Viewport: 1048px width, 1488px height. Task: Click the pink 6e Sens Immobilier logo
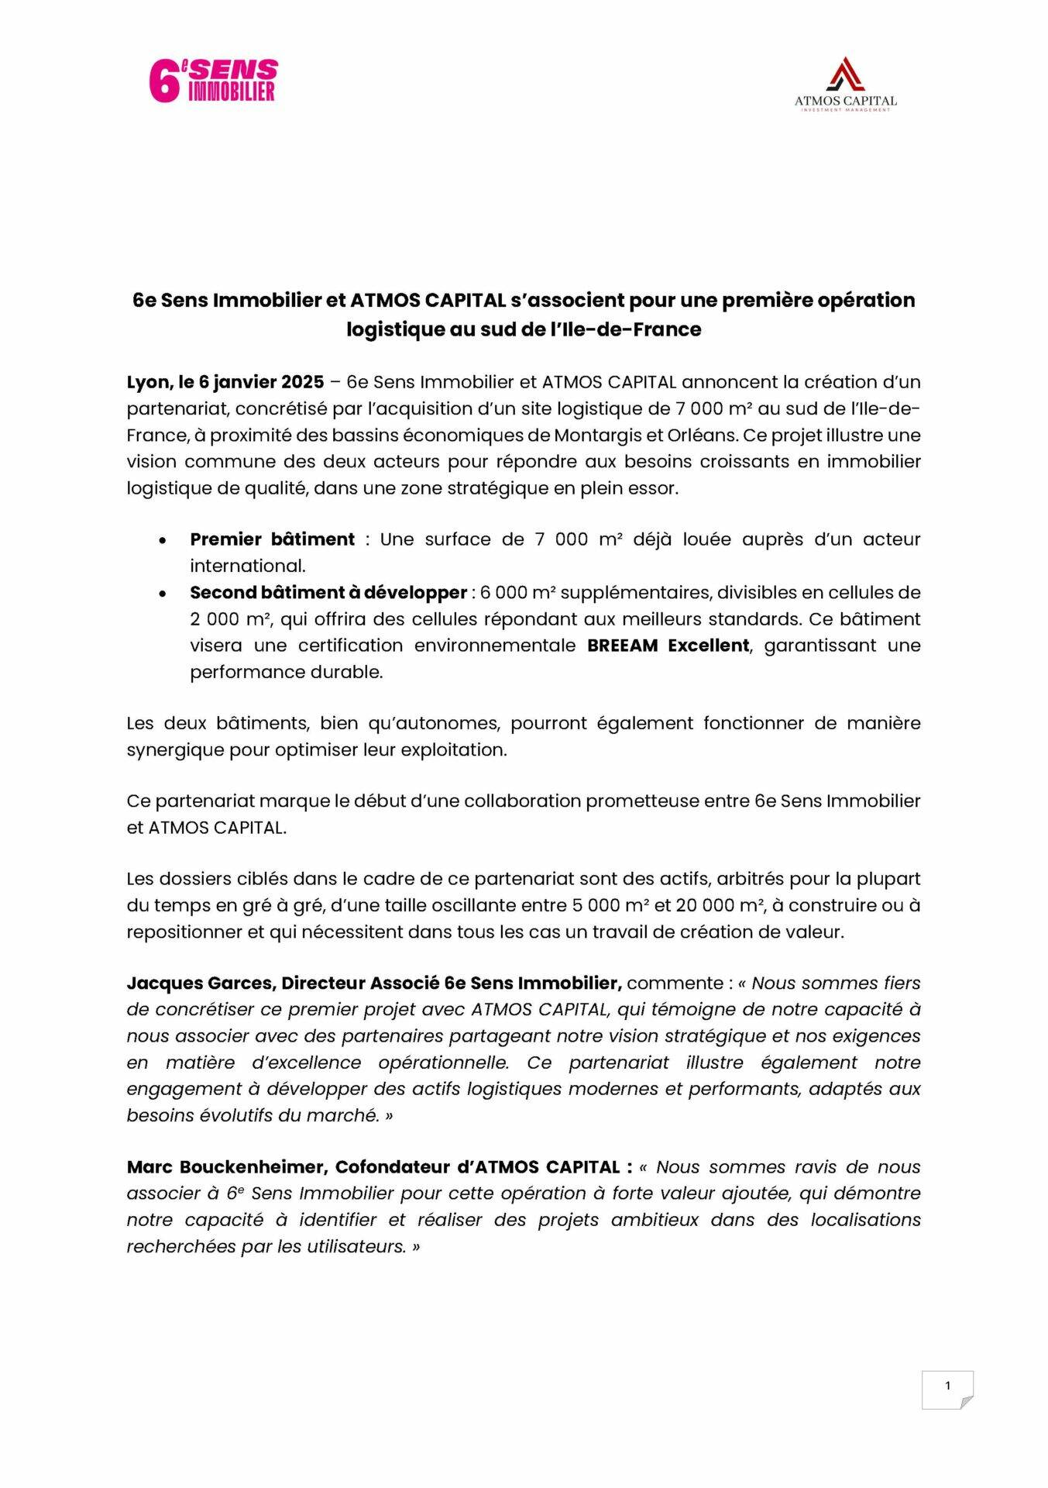(213, 81)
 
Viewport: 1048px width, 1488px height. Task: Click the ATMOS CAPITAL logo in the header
(845, 84)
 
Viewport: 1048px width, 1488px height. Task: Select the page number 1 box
(947, 1389)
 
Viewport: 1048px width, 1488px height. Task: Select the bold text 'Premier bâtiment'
(272, 539)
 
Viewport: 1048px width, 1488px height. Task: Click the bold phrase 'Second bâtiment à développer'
(328, 593)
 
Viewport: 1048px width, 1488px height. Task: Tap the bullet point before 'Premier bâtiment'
(162, 540)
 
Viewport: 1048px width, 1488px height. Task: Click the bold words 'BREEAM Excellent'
(668, 646)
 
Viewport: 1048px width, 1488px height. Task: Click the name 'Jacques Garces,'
(201, 983)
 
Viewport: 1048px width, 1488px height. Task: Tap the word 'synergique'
(175, 750)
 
